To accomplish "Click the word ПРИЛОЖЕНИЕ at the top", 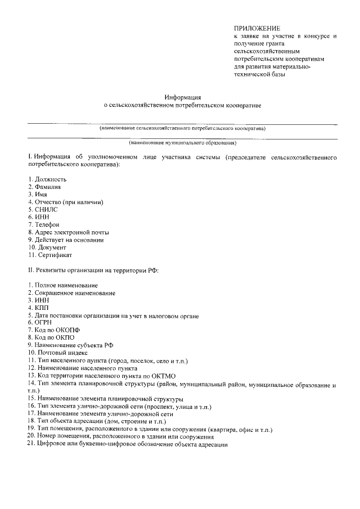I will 256,28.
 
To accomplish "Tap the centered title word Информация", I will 183,97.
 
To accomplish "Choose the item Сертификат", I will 53,255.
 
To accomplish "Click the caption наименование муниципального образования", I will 182,143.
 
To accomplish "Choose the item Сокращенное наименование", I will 75,293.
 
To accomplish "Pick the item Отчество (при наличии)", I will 69,201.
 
